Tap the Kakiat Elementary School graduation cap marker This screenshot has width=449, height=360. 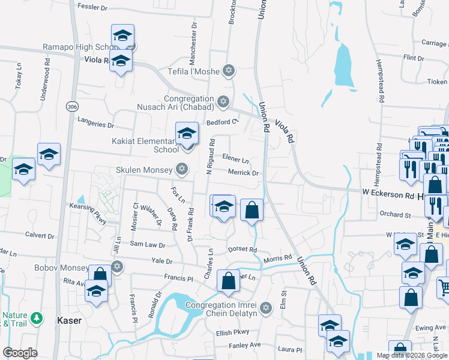pos(187,134)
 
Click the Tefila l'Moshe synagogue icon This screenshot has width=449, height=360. pos(228,71)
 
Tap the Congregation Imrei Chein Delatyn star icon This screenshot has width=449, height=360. pos(267,308)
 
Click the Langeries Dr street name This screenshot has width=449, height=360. pos(95,125)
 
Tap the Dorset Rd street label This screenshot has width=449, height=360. pos(242,250)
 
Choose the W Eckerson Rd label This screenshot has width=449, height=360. pos(387,194)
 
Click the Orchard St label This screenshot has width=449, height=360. pos(394,214)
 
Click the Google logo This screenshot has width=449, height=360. pos(20,352)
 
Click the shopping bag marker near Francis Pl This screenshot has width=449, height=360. pos(228,281)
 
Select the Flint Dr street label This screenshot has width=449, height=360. pos(413,58)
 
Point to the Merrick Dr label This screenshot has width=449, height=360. pos(243,173)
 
